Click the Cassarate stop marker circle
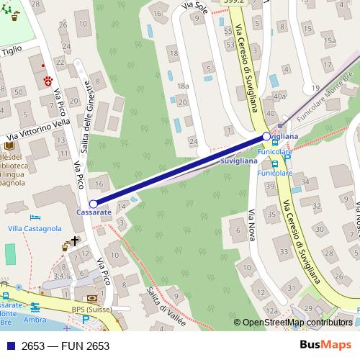tap(93, 204)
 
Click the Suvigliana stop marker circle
tap(266, 136)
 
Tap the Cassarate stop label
tap(94, 214)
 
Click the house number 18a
tap(182, 86)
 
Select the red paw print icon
tap(48, 80)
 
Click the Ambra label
tap(35, 320)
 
